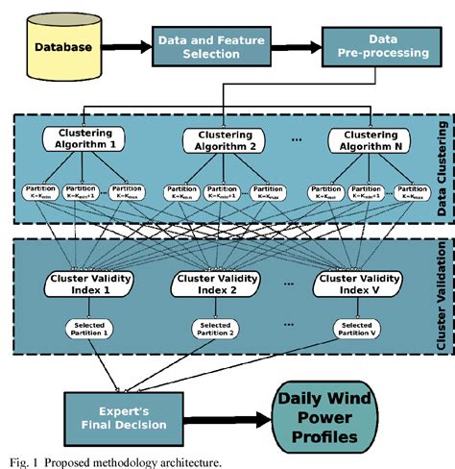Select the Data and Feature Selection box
coord(199,45)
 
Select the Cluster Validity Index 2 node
coord(214,284)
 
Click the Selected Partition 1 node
coord(87,330)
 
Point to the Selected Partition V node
coord(353,330)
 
